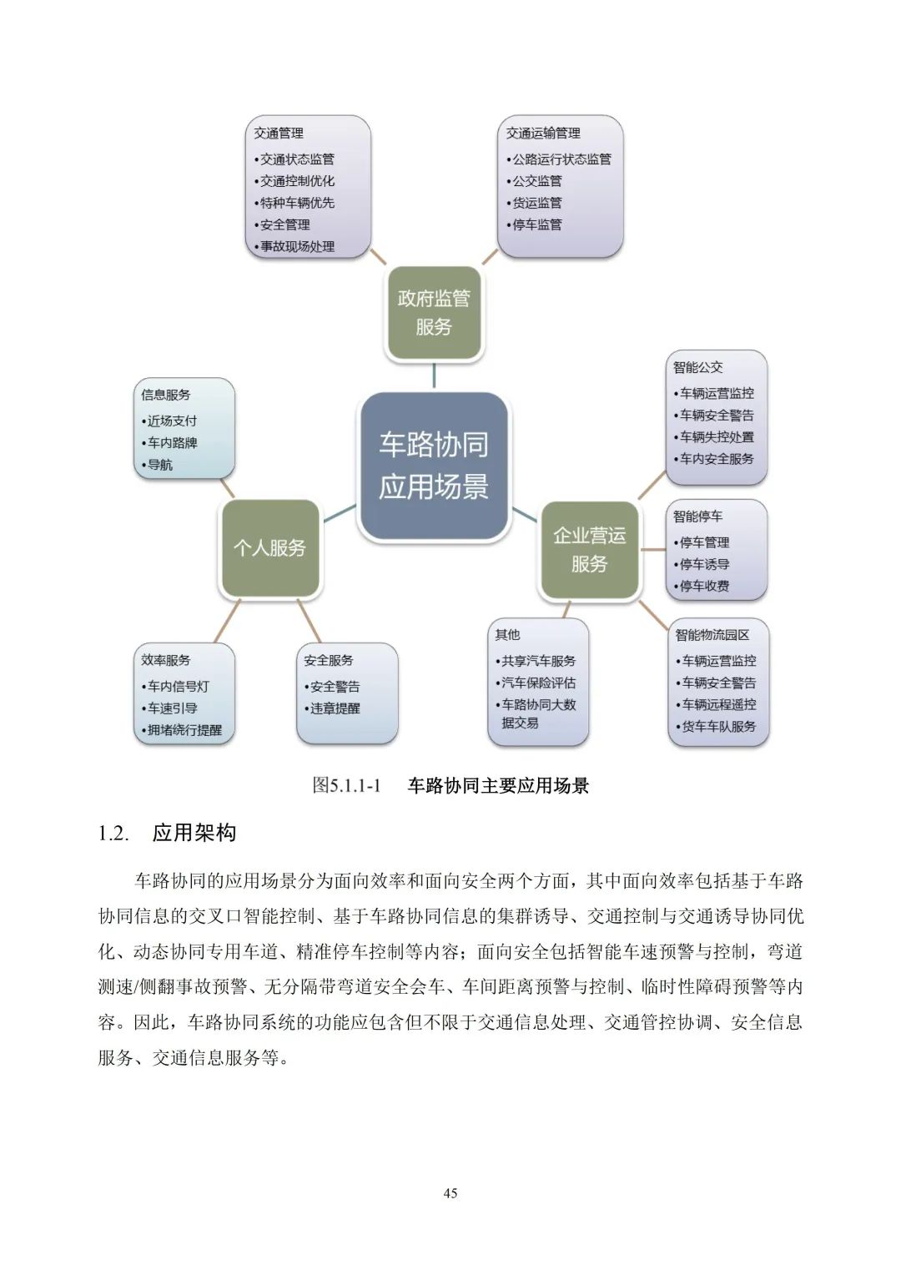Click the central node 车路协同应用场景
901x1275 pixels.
click(x=433, y=466)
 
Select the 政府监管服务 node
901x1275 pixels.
click(x=434, y=313)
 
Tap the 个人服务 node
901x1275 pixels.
click(x=269, y=548)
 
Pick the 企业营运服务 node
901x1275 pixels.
click(x=590, y=549)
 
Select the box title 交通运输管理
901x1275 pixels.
click(x=543, y=133)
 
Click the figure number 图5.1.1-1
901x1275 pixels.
click(x=346, y=785)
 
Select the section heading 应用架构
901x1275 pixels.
click(x=194, y=833)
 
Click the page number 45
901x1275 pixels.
click(x=450, y=1193)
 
